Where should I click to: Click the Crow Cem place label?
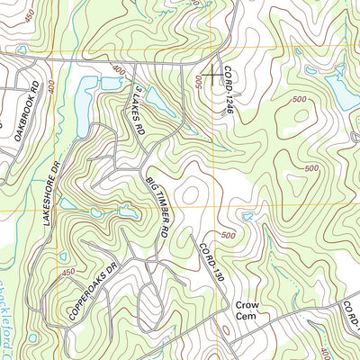[247, 310]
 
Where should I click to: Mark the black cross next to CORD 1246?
[212, 74]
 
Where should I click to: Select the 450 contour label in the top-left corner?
[32, 16]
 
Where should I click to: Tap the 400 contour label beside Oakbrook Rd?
[49, 88]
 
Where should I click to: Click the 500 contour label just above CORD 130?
[228, 236]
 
